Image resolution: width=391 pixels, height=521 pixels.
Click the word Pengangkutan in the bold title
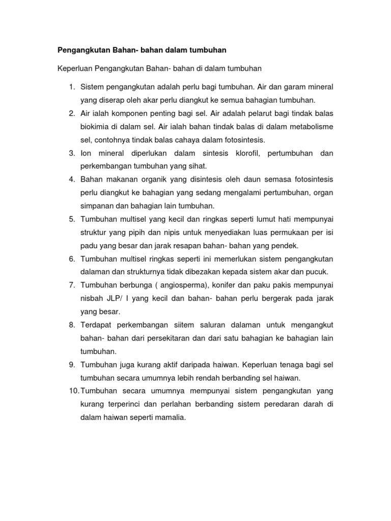[84, 50]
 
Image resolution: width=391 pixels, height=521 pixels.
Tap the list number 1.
[72, 87]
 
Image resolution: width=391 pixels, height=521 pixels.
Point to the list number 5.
[72, 219]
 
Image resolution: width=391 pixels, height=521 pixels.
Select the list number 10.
[73, 391]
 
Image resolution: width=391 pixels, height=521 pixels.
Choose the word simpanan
[98, 206]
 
